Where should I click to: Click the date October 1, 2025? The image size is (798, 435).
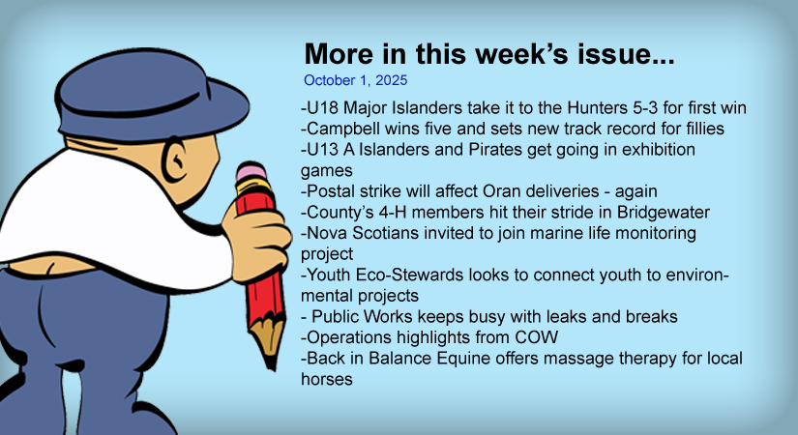click(355, 80)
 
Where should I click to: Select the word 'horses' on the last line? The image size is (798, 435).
click(327, 380)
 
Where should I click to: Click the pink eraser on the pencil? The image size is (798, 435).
click(251, 171)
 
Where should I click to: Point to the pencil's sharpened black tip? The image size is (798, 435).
click(272, 362)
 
